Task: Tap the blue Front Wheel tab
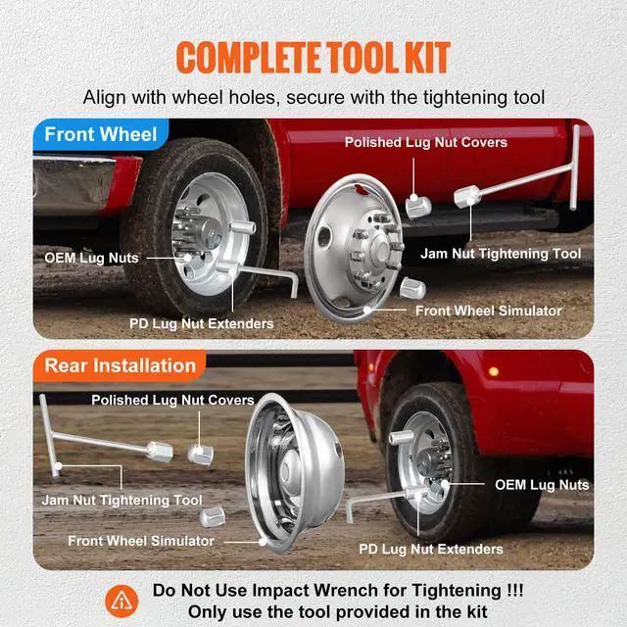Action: pyautogui.click(x=102, y=135)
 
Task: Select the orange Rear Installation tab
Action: pyautogui.click(x=120, y=365)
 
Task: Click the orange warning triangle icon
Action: pyautogui.click(x=122, y=601)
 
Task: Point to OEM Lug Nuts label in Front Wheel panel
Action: pyautogui.click(x=91, y=258)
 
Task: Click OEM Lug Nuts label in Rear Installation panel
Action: pyautogui.click(x=541, y=484)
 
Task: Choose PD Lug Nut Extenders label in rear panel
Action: pyautogui.click(x=431, y=549)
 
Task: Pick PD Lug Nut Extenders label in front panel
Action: pyautogui.click(x=201, y=322)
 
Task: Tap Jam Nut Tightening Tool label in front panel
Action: pyautogui.click(x=501, y=253)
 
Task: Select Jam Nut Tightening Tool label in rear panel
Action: pyautogui.click(x=121, y=500)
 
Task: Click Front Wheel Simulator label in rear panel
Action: pyautogui.click(x=140, y=540)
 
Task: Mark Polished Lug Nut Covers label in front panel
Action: pyautogui.click(x=425, y=143)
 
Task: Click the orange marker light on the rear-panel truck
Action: pyautogui.click(x=493, y=371)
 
